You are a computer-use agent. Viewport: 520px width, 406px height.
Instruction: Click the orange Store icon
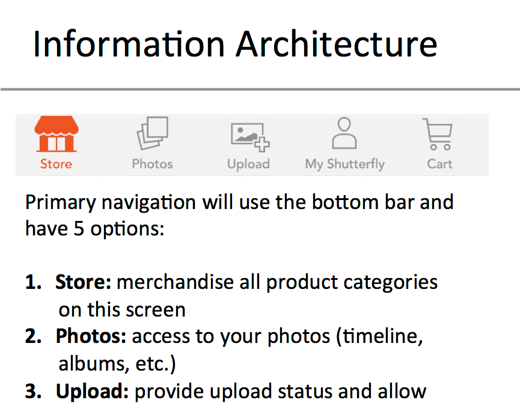[57, 134]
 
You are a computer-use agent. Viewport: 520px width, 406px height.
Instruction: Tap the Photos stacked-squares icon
[153, 133]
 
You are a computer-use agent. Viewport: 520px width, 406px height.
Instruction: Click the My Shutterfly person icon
[344, 133]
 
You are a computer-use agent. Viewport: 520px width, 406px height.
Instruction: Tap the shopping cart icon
[438, 134]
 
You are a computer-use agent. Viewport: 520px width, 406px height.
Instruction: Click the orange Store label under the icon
[56, 164]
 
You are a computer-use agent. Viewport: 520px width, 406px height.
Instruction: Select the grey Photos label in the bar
[152, 164]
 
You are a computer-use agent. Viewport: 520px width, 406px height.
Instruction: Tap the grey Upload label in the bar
[248, 165]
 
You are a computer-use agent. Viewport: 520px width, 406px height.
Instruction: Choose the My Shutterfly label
[345, 165]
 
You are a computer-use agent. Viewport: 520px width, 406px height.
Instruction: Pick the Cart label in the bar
[439, 164]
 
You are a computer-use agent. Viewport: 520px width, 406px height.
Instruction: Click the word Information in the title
[129, 44]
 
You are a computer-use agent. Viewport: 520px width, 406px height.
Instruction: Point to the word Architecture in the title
[337, 44]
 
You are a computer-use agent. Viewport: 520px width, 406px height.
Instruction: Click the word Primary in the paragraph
[61, 203]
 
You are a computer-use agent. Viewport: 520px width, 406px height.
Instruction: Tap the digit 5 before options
[79, 229]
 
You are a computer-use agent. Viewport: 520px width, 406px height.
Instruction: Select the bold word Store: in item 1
[83, 282]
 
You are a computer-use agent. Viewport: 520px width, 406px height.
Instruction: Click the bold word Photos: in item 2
[91, 336]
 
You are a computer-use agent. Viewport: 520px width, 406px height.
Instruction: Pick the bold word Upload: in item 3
[92, 391]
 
